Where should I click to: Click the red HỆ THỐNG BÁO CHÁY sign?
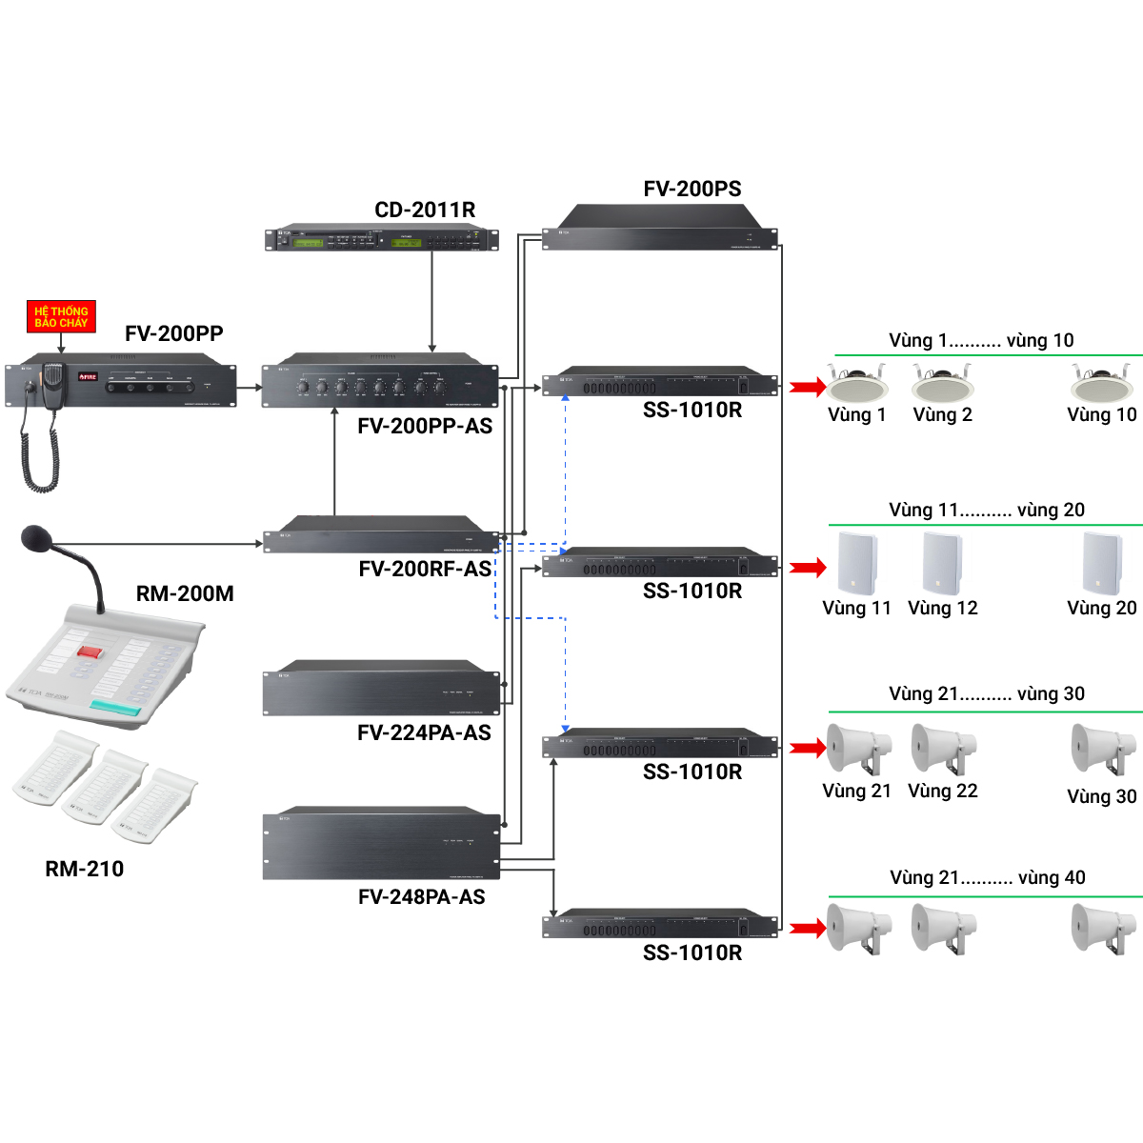(61, 317)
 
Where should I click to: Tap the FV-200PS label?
(692, 189)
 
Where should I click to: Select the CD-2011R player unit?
(381, 239)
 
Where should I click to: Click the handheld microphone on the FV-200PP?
(52, 381)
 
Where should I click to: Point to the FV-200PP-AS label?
(425, 426)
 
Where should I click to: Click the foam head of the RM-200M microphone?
(36, 538)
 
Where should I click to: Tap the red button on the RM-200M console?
(90, 652)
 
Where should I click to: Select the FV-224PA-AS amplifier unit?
(381, 688)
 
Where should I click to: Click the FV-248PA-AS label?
(422, 897)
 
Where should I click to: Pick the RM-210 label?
(85, 869)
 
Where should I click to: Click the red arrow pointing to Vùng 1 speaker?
(808, 387)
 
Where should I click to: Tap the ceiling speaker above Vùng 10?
(1102, 383)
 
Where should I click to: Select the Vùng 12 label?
(943, 608)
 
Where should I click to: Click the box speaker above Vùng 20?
(1101, 563)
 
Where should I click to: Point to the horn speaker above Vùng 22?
(942, 749)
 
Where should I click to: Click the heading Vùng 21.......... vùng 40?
(988, 877)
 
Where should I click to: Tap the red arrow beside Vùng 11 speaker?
(808, 568)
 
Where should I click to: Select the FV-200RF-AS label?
(425, 570)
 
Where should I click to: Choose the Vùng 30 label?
(1102, 796)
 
